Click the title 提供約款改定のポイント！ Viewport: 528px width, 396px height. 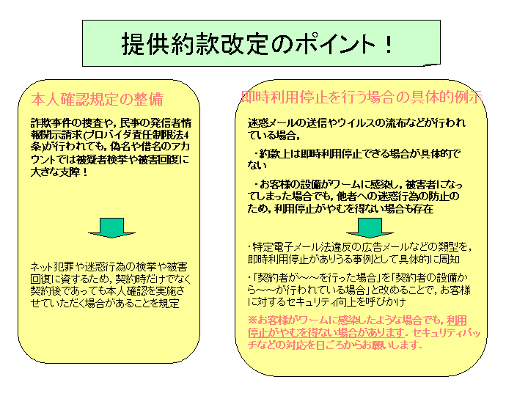tap(257, 44)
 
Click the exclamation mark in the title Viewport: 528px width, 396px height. tap(388, 44)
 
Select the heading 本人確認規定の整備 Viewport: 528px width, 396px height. tap(98, 99)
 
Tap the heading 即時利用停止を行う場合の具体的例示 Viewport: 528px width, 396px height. tap(362, 97)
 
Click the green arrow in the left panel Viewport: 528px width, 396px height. tap(111, 228)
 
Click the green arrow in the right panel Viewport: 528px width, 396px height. tap(370, 228)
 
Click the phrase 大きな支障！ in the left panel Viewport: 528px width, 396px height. tap(59, 172)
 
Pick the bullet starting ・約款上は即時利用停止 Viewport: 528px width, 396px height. tap(354, 159)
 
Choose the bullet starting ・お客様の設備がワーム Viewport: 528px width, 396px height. tap(355, 197)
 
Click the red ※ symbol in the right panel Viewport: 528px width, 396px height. tap(252, 320)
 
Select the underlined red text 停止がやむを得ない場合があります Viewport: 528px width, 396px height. tap(326, 332)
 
